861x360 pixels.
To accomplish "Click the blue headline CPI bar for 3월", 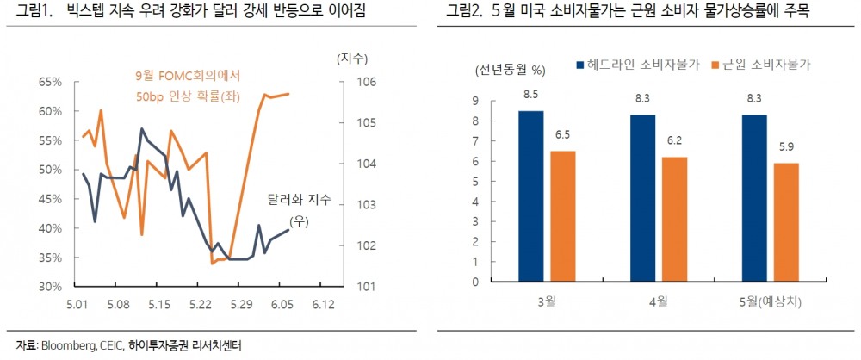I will coord(531,196).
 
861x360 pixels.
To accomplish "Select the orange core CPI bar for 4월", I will coord(674,219).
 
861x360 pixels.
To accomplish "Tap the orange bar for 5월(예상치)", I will coord(785,222).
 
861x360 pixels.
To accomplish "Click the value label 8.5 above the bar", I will coord(531,93).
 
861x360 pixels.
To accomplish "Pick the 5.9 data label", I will coord(785,146).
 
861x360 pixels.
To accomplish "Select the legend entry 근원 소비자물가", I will coord(759,65).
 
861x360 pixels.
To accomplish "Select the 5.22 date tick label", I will coord(200,304).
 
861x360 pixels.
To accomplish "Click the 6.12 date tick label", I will coord(323,304).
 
